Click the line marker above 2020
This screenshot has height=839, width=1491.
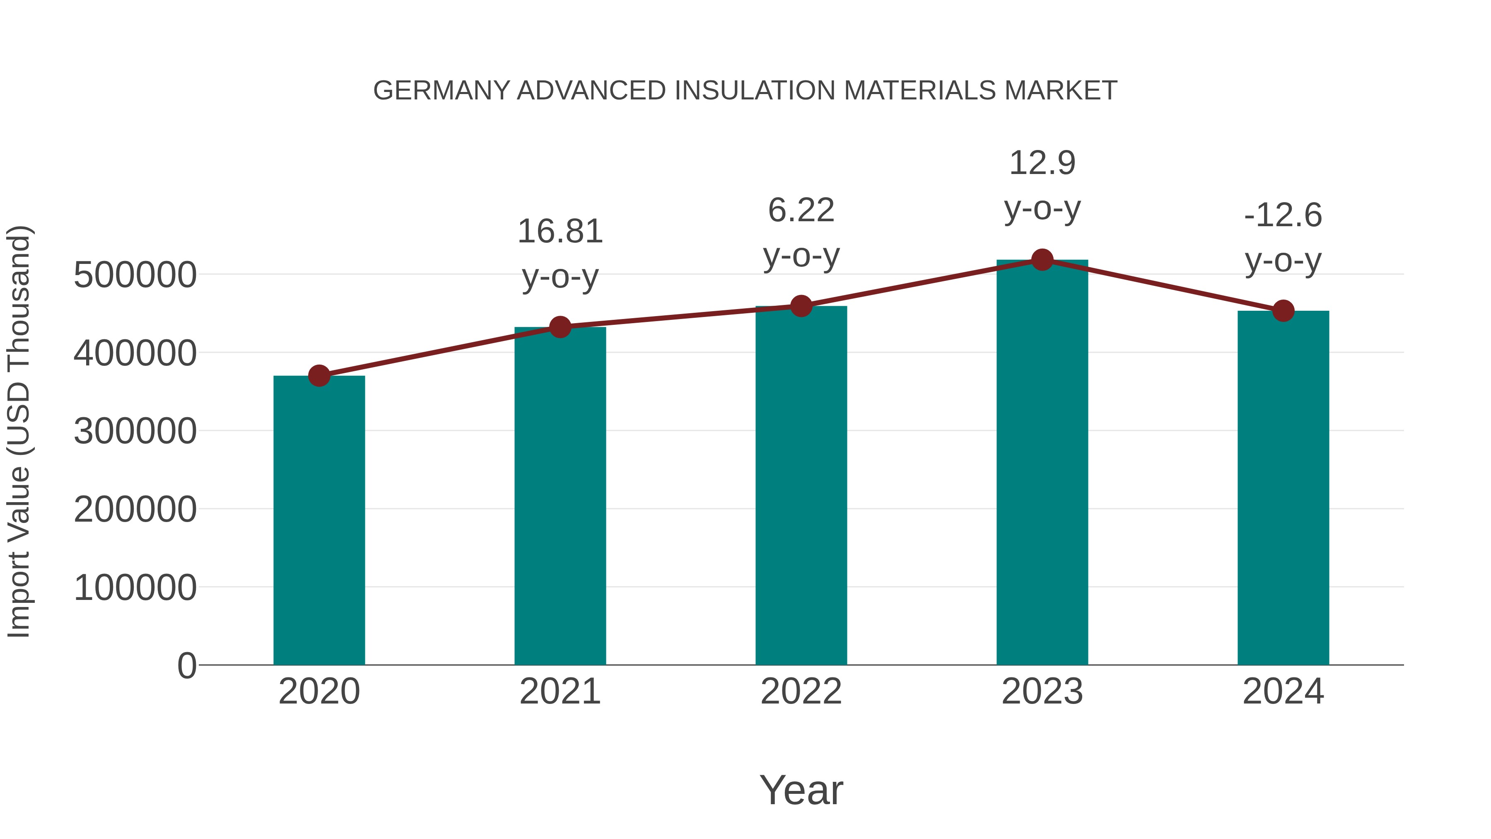[x=319, y=376]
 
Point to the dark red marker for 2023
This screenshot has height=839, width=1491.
[x=1042, y=260]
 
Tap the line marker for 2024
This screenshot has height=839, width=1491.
[x=1283, y=311]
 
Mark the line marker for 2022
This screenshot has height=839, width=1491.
[x=801, y=306]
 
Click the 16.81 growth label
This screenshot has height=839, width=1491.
[x=560, y=232]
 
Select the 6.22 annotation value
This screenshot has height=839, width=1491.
[x=801, y=210]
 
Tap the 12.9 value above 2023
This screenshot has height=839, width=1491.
[x=1042, y=163]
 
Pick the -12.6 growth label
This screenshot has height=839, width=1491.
[x=1283, y=215]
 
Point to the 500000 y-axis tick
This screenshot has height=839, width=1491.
[x=135, y=275]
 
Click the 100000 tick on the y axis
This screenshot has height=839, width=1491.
[x=135, y=588]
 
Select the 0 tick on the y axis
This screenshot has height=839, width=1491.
[x=186, y=666]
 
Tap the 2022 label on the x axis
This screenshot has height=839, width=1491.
[x=801, y=692]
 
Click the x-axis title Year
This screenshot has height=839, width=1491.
[x=801, y=790]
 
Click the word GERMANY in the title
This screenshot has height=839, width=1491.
[x=441, y=91]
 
